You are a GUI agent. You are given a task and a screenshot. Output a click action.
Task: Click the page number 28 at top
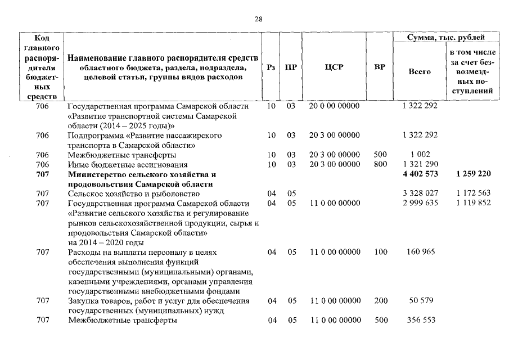pos(258,19)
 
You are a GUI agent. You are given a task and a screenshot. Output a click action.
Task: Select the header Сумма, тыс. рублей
pos(446,38)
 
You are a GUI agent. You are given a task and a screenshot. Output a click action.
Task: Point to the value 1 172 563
pos(474,193)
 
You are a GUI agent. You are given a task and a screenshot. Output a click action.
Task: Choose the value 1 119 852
pos(474,203)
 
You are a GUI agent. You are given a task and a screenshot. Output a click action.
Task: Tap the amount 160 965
pos(420,252)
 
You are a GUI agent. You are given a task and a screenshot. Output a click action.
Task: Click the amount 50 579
pos(420,301)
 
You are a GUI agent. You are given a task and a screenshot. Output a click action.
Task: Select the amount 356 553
pos(420,321)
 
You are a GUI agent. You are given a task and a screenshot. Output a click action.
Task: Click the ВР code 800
pos(380,164)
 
